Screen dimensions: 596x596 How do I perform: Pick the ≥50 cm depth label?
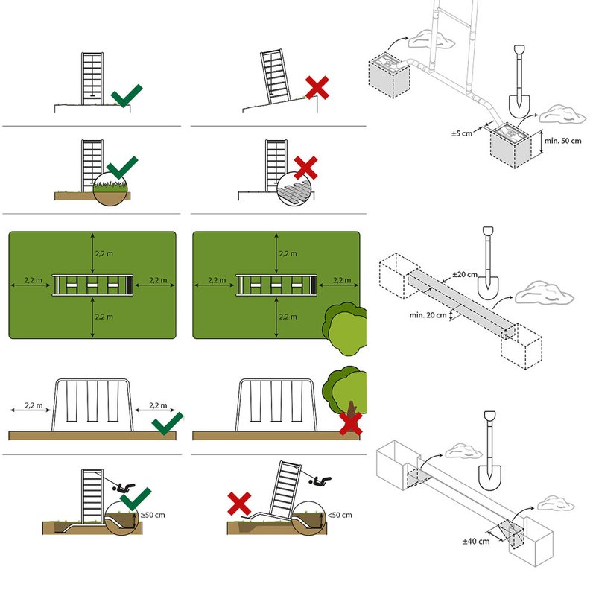click(154, 515)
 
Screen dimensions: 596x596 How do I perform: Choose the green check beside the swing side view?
click(167, 422)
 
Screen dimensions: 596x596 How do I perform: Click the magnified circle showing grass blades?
click(110, 191)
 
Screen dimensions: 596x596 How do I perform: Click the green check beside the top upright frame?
click(127, 95)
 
